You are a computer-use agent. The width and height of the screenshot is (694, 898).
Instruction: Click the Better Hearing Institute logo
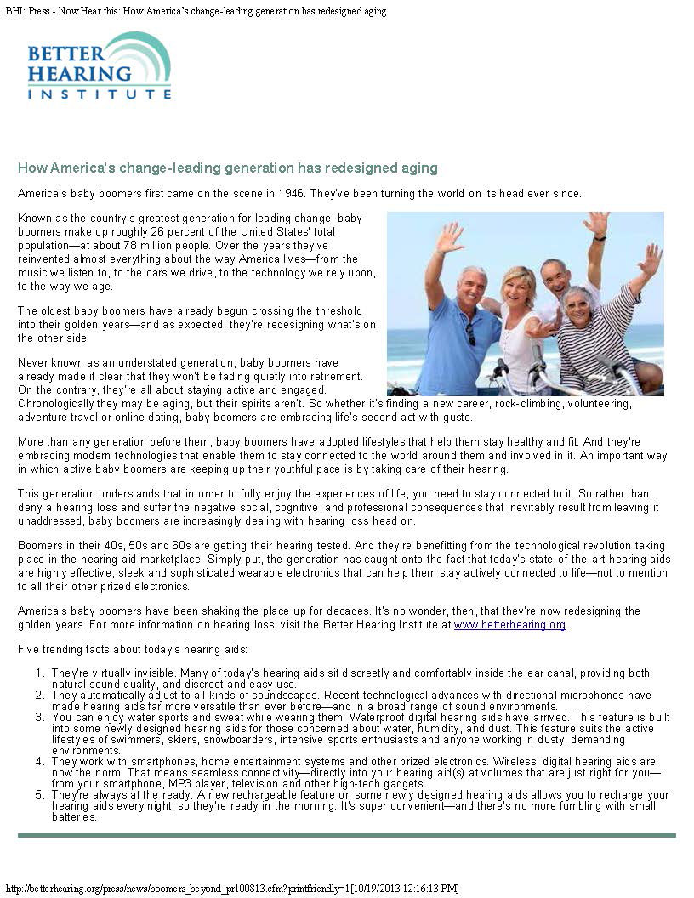coord(99,66)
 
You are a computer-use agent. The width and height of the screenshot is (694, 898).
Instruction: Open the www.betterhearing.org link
coord(509,625)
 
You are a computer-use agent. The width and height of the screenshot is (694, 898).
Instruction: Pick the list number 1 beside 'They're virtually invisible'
coord(39,673)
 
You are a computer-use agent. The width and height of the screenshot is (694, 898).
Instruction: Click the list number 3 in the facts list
coord(39,719)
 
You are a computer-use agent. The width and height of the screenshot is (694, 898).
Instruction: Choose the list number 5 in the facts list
coord(39,795)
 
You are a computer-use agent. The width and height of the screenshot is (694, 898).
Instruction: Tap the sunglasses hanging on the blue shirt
coord(470,333)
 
